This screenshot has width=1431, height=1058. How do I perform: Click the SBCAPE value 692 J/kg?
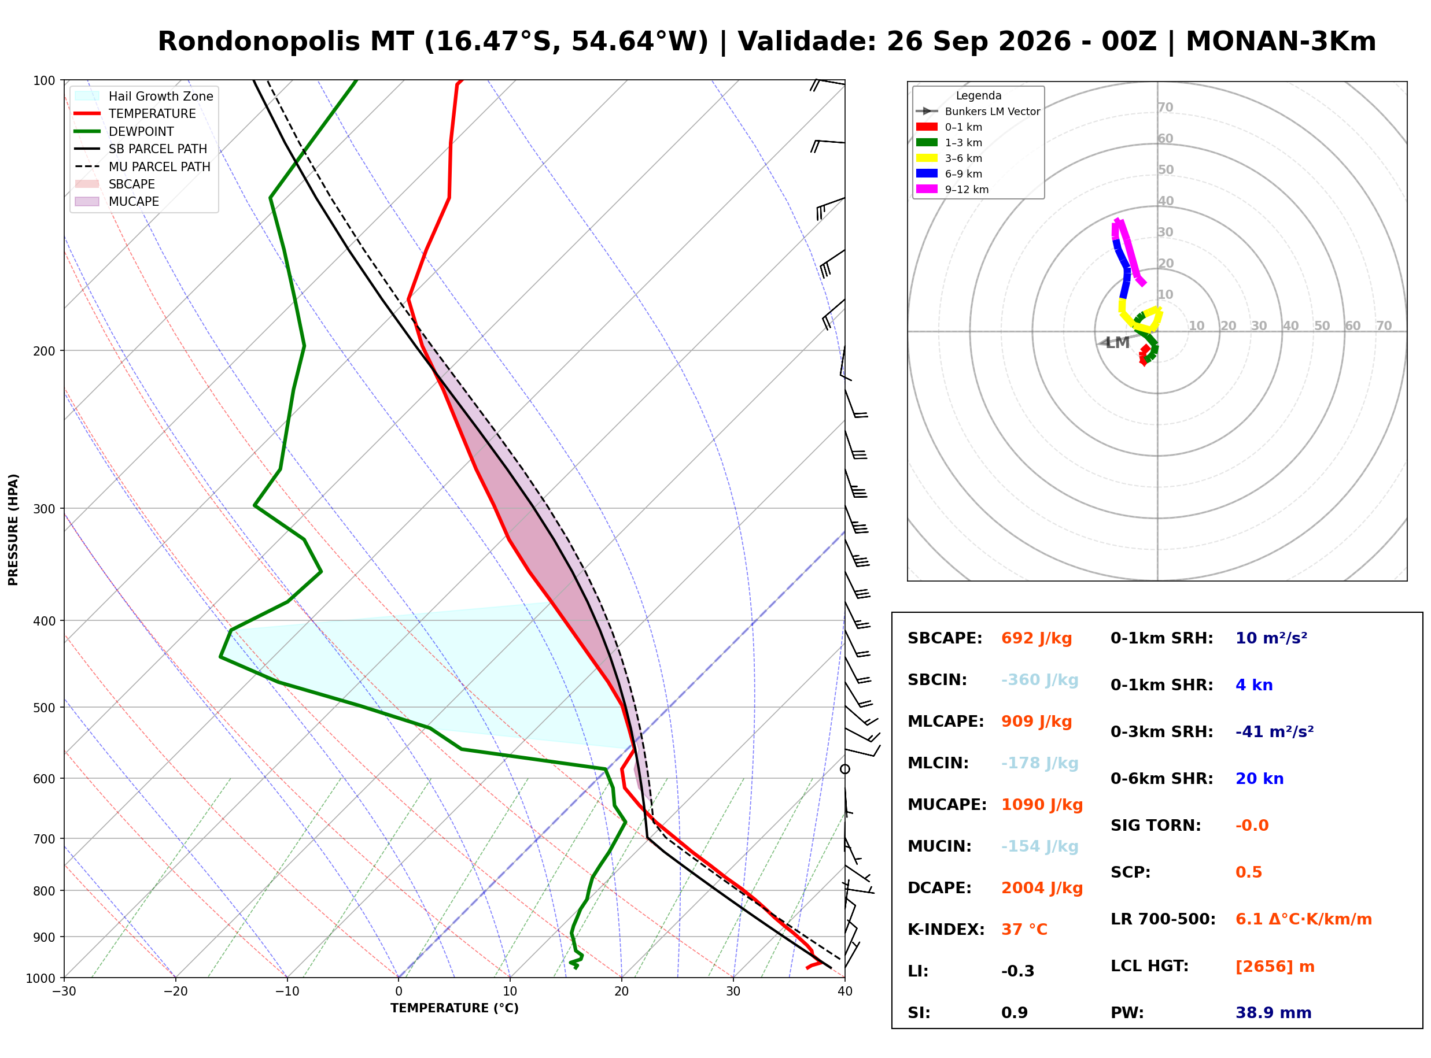pos(1037,638)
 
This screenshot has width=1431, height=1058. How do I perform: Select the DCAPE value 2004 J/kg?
pos(1042,888)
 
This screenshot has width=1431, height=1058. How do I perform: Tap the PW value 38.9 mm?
pos(1274,1013)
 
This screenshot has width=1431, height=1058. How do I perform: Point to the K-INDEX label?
pos(946,930)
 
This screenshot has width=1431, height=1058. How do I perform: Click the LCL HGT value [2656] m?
pos(1275,967)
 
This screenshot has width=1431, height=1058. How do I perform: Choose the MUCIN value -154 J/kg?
pos(1039,846)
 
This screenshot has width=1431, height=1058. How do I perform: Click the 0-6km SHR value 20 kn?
pos(1259,779)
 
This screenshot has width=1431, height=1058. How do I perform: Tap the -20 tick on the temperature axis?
pos(175,992)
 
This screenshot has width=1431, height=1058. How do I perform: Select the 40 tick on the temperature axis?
pos(845,992)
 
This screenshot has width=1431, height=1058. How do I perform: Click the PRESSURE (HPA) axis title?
pos(13,530)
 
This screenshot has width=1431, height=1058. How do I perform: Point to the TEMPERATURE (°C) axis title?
pos(455,1008)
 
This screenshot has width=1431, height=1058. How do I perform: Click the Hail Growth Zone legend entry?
pos(144,96)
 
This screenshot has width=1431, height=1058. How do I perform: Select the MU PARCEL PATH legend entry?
pos(143,167)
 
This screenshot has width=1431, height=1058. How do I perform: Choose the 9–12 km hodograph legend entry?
pos(952,190)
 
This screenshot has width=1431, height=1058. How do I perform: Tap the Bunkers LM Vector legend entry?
pos(978,112)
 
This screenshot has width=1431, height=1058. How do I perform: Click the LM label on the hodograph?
pos(1117,343)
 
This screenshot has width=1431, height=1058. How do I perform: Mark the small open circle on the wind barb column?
pos(845,769)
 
